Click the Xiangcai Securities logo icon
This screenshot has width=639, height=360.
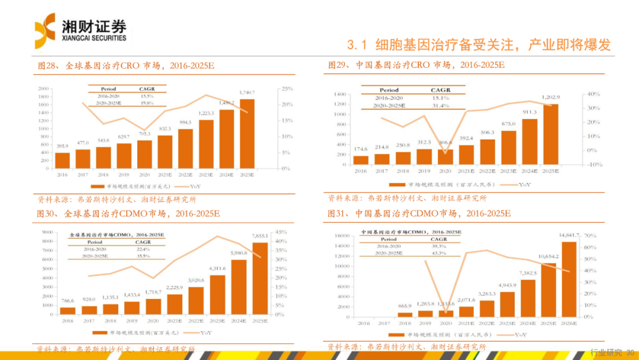coord(45,30)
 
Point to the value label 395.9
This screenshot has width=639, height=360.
coord(62,146)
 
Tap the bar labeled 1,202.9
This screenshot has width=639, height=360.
coord(551,134)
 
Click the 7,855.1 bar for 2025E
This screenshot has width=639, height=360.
coord(260,278)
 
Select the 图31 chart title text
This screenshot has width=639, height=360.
coord(419,213)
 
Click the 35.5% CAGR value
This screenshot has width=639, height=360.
coord(143,256)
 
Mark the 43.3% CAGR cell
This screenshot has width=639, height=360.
coord(439,253)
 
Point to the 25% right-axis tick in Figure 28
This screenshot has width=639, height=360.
coord(287,89)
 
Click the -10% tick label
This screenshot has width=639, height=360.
coord(592,165)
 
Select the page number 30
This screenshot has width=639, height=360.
coord(630,352)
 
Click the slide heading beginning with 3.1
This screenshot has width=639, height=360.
coord(478,45)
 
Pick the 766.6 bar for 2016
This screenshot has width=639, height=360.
coord(68,310)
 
